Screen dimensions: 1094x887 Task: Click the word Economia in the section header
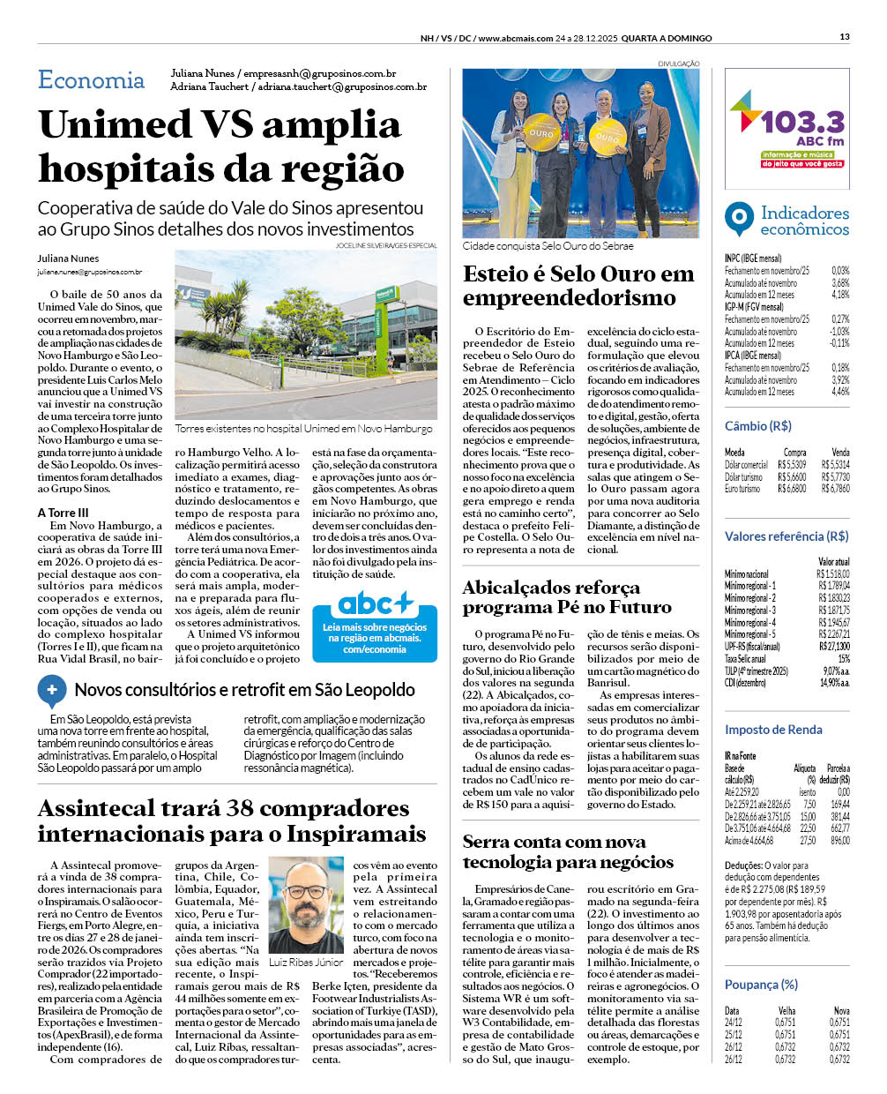[x=91, y=80]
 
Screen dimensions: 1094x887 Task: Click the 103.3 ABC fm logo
[x=787, y=129]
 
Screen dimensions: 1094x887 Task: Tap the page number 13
[x=845, y=37]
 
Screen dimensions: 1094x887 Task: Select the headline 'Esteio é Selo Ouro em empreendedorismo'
[x=578, y=286]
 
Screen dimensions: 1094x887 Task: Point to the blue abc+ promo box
[x=375, y=626]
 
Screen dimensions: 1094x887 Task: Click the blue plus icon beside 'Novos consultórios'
[x=52, y=690]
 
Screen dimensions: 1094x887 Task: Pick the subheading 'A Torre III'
[x=63, y=513]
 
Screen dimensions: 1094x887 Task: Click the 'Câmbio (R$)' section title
[x=757, y=426]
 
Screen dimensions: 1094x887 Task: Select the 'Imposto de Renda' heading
[x=773, y=730]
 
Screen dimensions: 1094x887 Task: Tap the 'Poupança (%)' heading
[x=761, y=985]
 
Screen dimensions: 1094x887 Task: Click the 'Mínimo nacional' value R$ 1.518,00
[x=833, y=574]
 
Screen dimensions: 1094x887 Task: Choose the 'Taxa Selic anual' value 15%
[x=844, y=659]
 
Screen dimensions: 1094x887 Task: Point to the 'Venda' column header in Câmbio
[x=840, y=453]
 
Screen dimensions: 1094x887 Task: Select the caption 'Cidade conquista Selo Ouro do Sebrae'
[x=548, y=246]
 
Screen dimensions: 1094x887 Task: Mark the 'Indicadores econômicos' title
[x=804, y=221]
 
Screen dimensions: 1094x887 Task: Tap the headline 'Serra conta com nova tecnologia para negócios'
[x=568, y=851]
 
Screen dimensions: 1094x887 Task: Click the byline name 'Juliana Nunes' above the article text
[x=68, y=259]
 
